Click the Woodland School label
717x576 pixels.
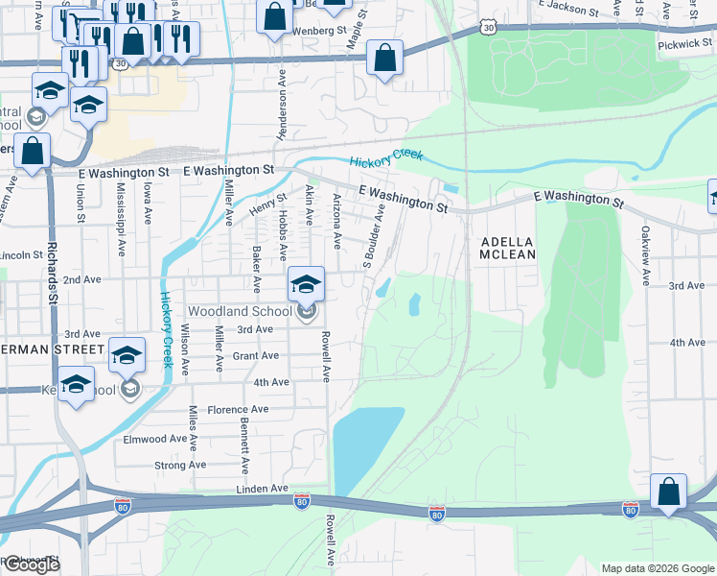point(240,311)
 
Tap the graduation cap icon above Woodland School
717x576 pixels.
point(307,283)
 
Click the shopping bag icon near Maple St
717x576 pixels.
point(384,58)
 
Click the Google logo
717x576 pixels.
point(31,564)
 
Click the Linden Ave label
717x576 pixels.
point(263,489)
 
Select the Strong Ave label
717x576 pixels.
point(179,465)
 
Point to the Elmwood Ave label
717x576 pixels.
point(154,438)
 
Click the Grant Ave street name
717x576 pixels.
point(255,355)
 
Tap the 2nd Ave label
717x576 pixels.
point(81,279)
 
